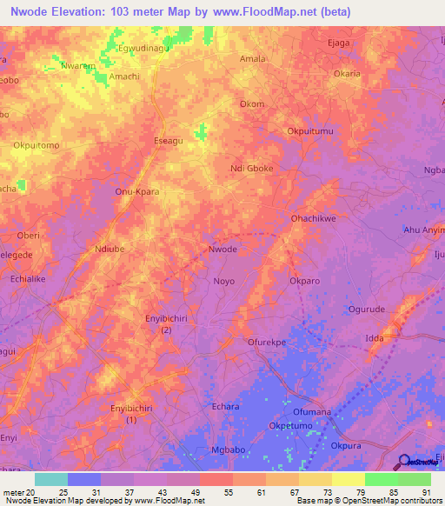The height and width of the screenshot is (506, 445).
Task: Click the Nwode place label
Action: (x=223, y=250)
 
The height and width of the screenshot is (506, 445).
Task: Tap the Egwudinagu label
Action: (x=143, y=50)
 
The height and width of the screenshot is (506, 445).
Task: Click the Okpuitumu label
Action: (x=310, y=131)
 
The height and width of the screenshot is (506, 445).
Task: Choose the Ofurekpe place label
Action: (x=266, y=343)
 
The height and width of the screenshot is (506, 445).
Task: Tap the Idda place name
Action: (x=375, y=336)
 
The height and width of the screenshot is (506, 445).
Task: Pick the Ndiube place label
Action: (x=110, y=249)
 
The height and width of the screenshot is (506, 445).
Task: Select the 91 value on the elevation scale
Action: (x=426, y=491)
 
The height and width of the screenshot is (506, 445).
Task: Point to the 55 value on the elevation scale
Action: (x=227, y=491)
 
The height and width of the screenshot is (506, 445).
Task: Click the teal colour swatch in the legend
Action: (x=51, y=479)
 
